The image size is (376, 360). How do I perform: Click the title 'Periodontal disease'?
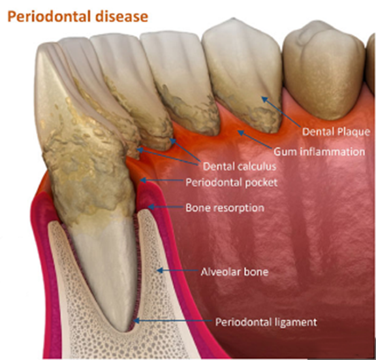coord(78,17)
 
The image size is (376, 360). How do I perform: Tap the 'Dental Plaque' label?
coord(336,132)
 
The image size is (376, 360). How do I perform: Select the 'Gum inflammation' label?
coord(319,152)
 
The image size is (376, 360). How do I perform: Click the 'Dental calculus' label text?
coord(240,167)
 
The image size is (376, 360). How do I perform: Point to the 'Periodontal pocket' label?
coord(231,183)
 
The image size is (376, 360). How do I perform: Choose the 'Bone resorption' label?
coord(225,208)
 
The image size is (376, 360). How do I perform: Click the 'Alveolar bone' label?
coord(234,272)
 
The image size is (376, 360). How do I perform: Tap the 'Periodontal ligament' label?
coord(266,322)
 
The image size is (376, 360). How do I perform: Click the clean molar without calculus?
coord(324,71)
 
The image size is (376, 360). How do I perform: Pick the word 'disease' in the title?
coord(121,17)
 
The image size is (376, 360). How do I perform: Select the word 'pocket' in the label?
coord(261,183)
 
